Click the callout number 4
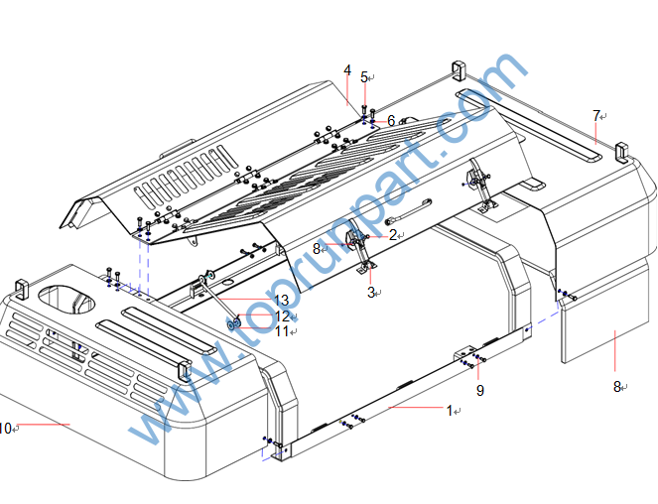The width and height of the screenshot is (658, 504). pyautogui.click(x=347, y=70)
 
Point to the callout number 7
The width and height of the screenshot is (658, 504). pyautogui.click(x=596, y=116)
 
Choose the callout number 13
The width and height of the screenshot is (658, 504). pyautogui.click(x=281, y=300)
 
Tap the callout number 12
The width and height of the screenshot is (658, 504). pyautogui.click(x=282, y=315)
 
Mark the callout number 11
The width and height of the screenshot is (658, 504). pyautogui.click(x=282, y=330)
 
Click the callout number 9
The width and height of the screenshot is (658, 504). pyautogui.click(x=480, y=391)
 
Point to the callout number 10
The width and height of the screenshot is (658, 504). pyautogui.click(x=5, y=429)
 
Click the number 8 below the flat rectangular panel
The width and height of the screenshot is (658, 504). pyautogui.click(x=616, y=386)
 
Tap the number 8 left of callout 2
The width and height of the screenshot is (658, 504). pyautogui.click(x=317, y=249)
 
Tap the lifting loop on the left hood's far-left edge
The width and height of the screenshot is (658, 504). pyautogui.click(x=19, y=291)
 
